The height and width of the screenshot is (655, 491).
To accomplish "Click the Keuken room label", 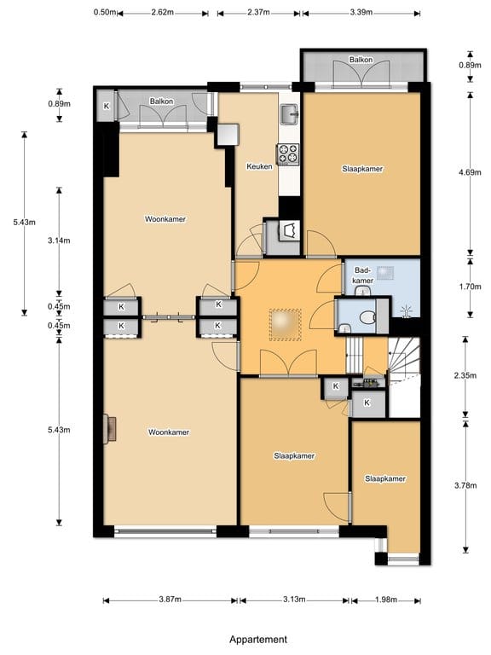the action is point(259,166).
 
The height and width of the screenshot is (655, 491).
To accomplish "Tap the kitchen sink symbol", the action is point(289,114).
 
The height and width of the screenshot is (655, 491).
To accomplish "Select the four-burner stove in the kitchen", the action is point(287,154).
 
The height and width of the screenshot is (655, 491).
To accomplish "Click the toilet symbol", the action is point(367,318).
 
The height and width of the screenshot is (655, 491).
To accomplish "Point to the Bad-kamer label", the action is point(362,275).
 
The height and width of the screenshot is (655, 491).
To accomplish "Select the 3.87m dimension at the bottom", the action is point(170,600).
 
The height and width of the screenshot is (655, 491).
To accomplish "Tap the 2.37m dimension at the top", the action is point(258,12).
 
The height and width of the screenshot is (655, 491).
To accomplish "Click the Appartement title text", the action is point(258,639).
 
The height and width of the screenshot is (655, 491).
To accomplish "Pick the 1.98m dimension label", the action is point(386,600).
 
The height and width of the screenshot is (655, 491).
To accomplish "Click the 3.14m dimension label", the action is point(59,241).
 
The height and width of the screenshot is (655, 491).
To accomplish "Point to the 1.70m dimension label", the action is point(471,287).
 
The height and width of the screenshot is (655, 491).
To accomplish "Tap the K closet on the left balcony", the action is point(106,106).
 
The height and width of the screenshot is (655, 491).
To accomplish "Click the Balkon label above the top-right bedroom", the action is point(361,60).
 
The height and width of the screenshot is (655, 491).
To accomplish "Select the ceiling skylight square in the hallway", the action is point(286,325).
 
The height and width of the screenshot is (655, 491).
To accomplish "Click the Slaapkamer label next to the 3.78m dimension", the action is point(385,478).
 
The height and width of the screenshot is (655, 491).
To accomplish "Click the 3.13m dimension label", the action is point(294,600).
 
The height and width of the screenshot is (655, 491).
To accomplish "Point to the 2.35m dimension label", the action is point(465,375).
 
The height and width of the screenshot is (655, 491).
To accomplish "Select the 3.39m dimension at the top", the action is point(361,12).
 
